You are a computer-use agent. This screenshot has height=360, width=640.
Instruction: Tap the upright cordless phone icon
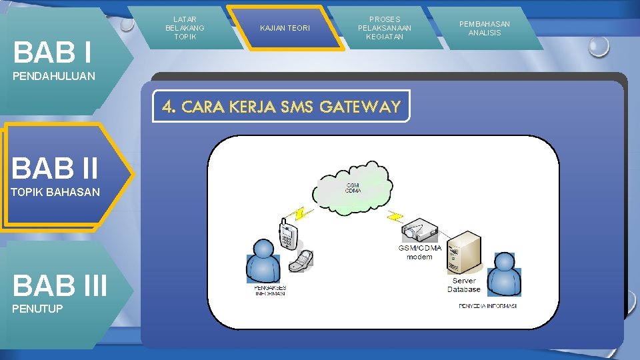[x=287, y=234]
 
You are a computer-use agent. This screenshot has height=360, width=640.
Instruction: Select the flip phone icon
[x=301, y=260]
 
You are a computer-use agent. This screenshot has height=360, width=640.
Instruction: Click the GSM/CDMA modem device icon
[x=419, y=230]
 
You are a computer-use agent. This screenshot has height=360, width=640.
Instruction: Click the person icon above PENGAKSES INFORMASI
[x=263, y=262]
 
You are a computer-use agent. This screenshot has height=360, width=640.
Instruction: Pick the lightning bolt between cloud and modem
[x=396, y=215]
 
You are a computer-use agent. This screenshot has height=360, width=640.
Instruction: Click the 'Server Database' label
[x=463, y=285]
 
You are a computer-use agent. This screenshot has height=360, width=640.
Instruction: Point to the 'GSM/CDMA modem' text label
[x=420, y=252]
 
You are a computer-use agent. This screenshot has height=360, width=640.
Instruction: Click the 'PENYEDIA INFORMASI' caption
[x=487, y=306]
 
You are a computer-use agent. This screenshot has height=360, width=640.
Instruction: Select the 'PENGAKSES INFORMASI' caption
[x=270, y=291]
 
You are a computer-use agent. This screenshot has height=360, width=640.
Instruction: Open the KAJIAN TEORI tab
[x=285, y=28]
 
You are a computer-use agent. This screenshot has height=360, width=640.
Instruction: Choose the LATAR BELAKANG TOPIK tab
[x=185, y=28]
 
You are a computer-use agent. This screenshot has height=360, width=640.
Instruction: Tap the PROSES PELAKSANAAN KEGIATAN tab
[x=384, y=28]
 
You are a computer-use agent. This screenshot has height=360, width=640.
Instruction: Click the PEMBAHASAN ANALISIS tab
[x=485, y=28]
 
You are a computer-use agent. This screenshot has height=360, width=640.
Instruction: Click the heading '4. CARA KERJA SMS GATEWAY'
[x=281, y=107]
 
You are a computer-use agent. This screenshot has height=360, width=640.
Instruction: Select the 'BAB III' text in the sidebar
[x=59, y=285]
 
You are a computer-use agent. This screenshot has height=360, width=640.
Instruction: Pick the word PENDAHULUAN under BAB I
[x=54, y=76]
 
